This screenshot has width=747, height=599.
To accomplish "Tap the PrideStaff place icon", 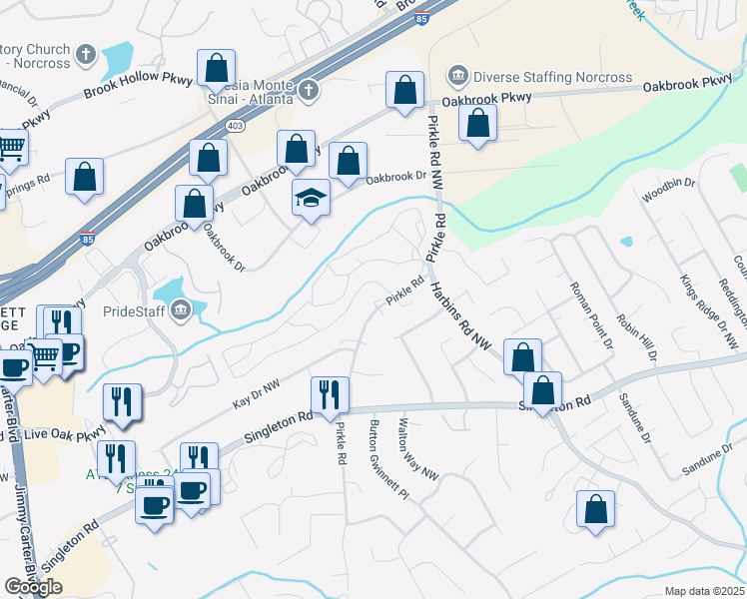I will click(x=180, y=310).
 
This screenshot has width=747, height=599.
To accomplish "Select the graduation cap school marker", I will click(x=311, y=200).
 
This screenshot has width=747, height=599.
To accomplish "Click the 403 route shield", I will click(x=236, y=126).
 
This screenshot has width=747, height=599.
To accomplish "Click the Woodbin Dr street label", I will click(x=668, y=191).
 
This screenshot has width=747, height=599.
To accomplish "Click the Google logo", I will click(x=33, y=587).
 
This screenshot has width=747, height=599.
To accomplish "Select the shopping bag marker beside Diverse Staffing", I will click(x=478, y=124).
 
